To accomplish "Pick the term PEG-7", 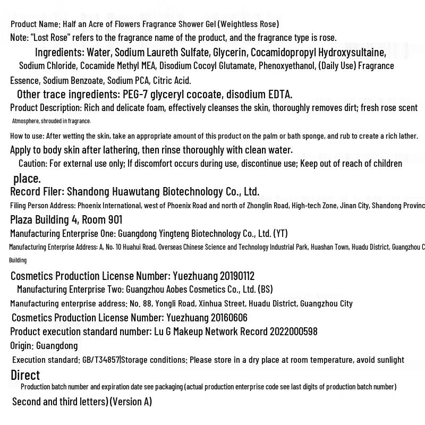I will (x=135, y=95).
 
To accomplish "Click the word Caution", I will (x=32, y=164).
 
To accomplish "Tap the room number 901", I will (x=114, y=219).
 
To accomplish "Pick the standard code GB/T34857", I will (x=100, y=360).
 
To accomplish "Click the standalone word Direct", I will (x=25, y=375).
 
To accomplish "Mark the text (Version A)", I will (x=131, y=402).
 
